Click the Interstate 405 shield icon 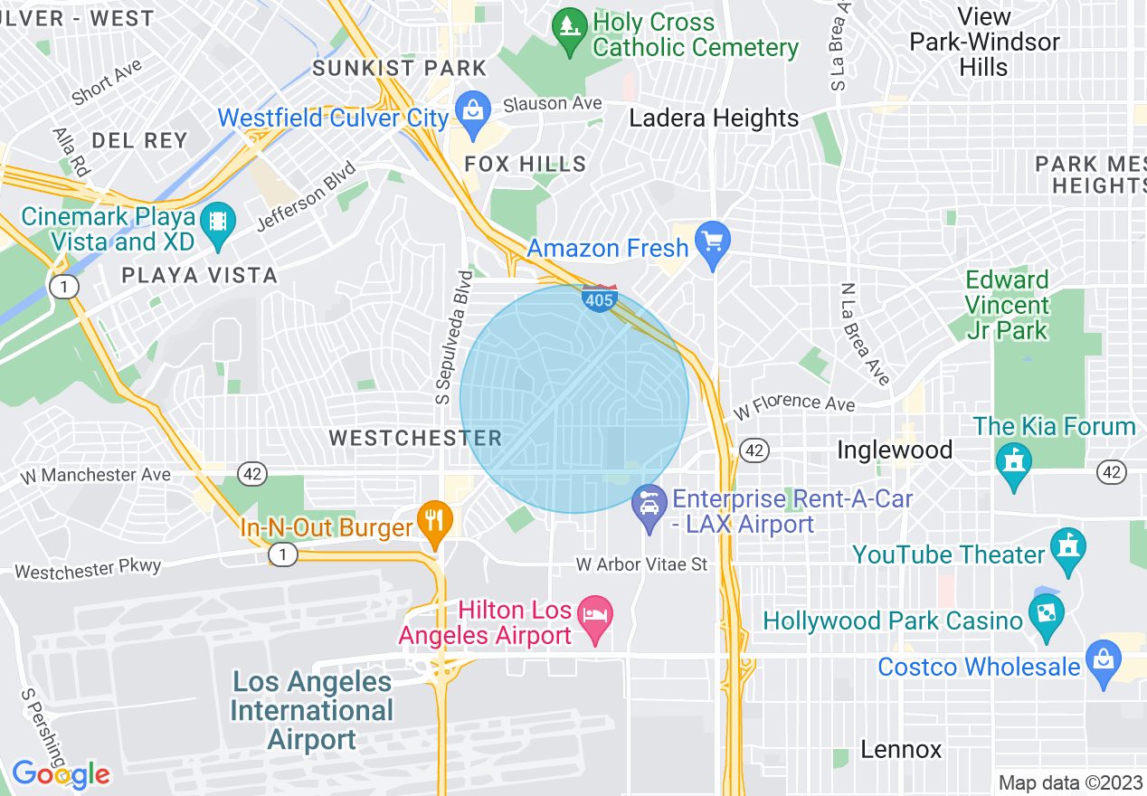[x=600, y=299]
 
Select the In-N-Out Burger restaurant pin [x=435, y=523]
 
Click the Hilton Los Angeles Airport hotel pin [x=595, y=618]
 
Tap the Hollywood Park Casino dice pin [x=1047, y=616]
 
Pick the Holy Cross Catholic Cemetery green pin [x=569, y=28]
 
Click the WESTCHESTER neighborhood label [x=415, y=439]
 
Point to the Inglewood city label [x=895, y=450]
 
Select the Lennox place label [x=901, y=749]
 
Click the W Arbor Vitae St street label [x=642, y=564]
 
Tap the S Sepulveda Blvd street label [x=452, y=336]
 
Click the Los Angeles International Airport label [x=312, y=710]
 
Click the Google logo [x=61, y=774]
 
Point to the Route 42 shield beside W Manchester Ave [x=252, y=473]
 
